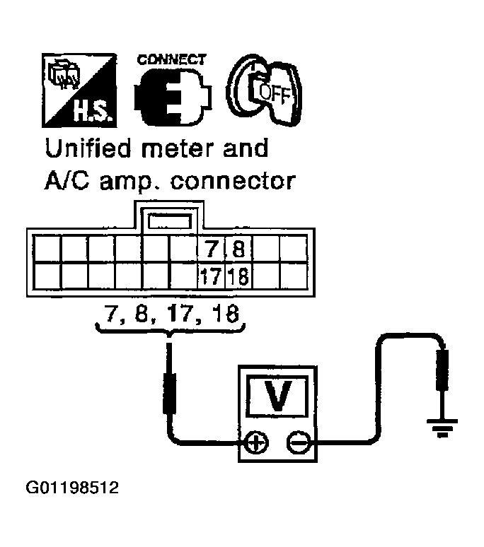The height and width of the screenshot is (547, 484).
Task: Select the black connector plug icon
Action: click(170, 97)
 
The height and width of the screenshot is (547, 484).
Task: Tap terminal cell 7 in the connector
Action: click(211, 249)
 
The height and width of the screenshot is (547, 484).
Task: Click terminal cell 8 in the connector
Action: click(238, 249)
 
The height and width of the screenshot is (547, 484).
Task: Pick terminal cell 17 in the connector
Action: click(211, 276)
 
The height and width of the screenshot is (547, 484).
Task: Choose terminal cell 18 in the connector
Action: click(238, 276)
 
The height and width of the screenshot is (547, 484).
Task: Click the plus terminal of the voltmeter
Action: click(255, 445)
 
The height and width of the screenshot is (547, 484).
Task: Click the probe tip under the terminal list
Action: click(170, 353)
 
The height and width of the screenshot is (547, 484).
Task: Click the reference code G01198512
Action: click(71, 487)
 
